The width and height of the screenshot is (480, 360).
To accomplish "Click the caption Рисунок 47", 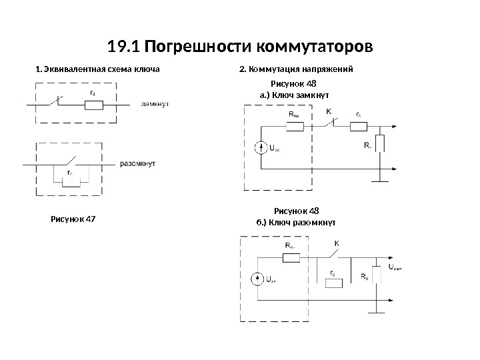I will click(x=73, y=217).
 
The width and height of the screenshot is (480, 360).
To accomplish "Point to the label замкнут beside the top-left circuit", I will click(x=154, y=104).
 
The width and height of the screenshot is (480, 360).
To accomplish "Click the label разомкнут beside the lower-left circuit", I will click(x=137, y=163).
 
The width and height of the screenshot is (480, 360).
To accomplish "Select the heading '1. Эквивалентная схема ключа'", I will click(x=97, y=69).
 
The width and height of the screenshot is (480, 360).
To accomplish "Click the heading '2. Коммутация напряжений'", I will click(x=295, y=69).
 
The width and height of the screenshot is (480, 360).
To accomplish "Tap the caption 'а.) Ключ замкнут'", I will click(x=294, y=95).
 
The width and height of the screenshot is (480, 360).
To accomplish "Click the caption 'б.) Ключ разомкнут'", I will click(x=296, y=222).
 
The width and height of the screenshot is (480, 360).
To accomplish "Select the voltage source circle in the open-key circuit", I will click(x=258, y=279).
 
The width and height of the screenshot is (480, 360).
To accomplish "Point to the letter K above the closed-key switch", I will click(x=329, y=111).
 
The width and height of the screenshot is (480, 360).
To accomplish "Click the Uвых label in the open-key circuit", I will click(x=395, y=268).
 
